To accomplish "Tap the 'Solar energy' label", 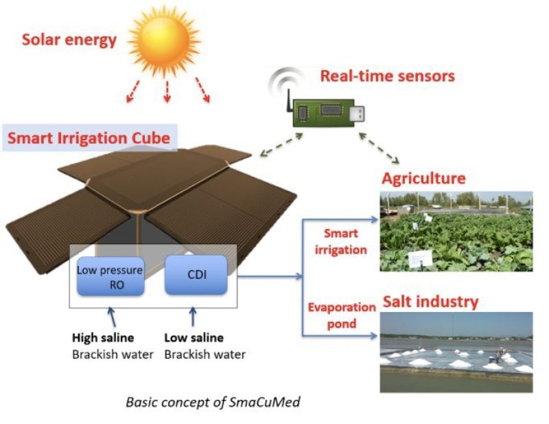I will [69, 41].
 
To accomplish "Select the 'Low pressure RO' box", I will [110, 276].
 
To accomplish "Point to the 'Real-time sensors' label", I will [387, 76].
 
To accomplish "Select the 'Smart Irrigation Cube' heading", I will [89, 139].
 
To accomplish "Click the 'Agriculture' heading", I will [423, 179].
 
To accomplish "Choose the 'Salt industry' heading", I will [430, 302].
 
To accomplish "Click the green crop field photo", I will [456, 231].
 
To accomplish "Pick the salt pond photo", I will [456, 352].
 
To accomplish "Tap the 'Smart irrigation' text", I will [341, 242].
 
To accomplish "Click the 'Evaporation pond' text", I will [341, 315].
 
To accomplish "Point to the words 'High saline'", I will [103, 338].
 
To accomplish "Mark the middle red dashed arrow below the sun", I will [167, 89].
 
